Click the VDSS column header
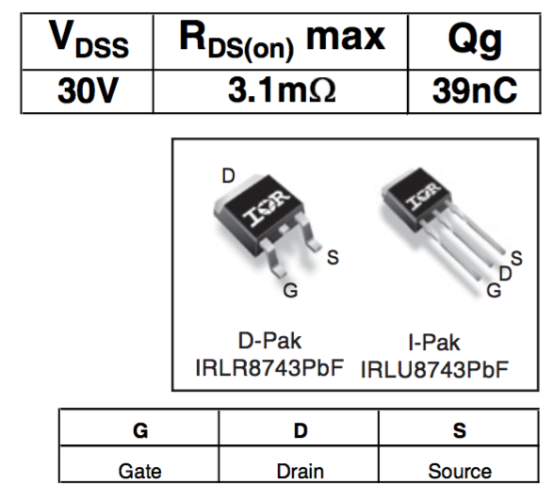pyautogui.click(x=89, y=40)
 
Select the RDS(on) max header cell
pyautogui.click(x=282, y=40)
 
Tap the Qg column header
pyautogui.click(x=475, y=41)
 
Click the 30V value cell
pyautogui.click(x=88, y=90)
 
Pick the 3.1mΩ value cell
pyautogui.click(x=282, y=90)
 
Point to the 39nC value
pyautogui.click(x=475, y=90)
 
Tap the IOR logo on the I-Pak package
pyautogui.click(x=423, y=196)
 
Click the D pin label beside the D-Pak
pyautogui.click(x=228, y=175)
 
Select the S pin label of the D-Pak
pyautogui.click(x=333, y=257)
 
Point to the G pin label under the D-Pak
pyautogui.click(x=290, y=291)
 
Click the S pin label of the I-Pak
pyautogui.click(x=516, y=258)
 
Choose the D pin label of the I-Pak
pyautogui.click(x=505, y=274)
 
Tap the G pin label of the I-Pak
pyautogui.click(x=494, y=291)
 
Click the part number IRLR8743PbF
pyautogui.click(x=269, y=367)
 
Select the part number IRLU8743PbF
pyautogui.click(x=434, y=370)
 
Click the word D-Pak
pyautogui.click(x=269, y=341)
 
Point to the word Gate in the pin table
pyautogui.click(x=139, y=471)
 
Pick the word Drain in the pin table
pyautogui.click(x=300, y=471)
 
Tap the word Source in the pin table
pyautogui.click(x=460, y=471)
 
